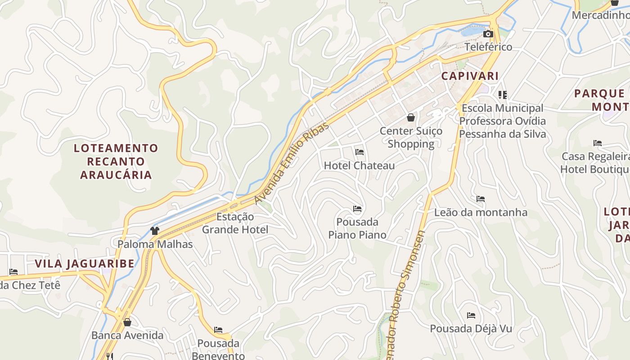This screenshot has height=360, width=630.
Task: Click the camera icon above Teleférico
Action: [488, 34]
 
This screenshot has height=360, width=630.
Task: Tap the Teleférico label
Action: [488, 47]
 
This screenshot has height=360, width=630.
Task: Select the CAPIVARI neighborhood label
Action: [470, 76]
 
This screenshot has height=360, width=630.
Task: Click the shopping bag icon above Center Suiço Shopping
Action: [411, 118]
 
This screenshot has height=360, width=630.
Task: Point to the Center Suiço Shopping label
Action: [411, 137]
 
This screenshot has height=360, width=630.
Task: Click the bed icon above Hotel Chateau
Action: [359, 152]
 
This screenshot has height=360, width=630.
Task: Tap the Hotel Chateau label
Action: [359, 166]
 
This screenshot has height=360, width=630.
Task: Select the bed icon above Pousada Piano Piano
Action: [357, 209]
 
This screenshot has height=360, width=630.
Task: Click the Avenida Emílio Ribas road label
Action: [292, 163]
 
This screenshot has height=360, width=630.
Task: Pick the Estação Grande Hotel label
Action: [235, 223]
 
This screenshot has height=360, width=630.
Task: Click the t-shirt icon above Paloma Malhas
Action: [155, 231]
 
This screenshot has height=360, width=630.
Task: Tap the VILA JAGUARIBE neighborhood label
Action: [85, 264]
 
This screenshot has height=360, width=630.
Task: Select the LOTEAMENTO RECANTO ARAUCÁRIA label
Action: [116, 161]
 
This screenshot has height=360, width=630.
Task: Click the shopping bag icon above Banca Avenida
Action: [127, 322]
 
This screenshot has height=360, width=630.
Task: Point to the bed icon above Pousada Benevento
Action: [218, 330]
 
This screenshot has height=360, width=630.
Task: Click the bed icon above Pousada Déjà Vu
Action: [471, 315]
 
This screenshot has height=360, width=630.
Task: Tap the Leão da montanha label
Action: [481, 212]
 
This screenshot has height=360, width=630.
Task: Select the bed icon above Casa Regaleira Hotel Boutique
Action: [598, 143]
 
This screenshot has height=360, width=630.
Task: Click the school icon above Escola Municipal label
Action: [503, 95]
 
